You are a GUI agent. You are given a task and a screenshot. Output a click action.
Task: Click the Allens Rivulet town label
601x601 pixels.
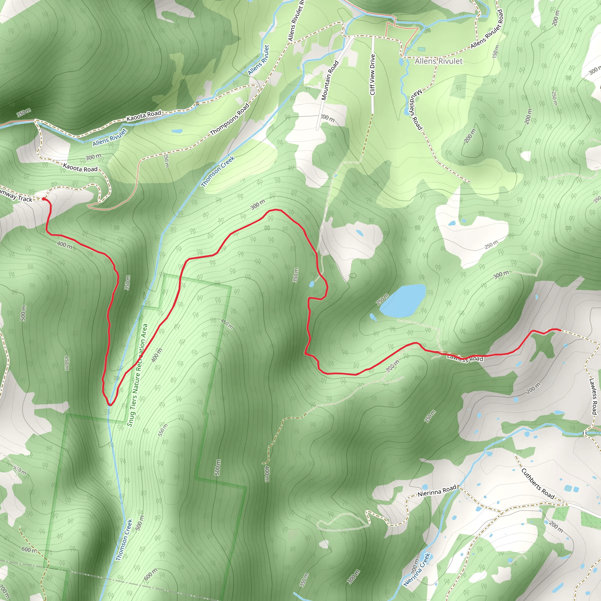pyautogui.click(x=439, y=61)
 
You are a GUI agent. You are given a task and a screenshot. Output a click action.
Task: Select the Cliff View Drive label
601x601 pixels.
pyautogui.click(x=373, y=75)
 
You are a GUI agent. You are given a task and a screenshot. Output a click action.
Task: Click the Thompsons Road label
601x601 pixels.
pyautogui.click(x=230, y=119)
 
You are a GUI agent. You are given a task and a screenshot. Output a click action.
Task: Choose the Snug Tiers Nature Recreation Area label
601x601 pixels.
pyautogui.click(x=138, y=375)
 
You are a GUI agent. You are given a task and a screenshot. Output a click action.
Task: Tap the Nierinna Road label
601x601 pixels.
pyautogui.click(x=437, y=491)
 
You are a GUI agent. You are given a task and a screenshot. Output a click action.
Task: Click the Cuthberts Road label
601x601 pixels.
pyautogui.click(x=538, y=484)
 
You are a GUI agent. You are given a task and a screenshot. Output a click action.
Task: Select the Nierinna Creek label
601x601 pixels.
pyautogui.click(x=417, y=570)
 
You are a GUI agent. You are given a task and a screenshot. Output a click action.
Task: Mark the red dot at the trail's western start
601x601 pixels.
pyautogui.click(x=43, y=199)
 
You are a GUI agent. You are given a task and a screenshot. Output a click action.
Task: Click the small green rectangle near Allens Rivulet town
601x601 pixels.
pyautogui.click(x=421, y=49)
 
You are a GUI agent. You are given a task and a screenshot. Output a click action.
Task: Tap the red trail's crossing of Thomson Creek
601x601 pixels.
pyautogui.click(x=110, y=405)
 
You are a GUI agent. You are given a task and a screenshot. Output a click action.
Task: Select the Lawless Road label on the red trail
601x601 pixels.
pyautogui.click(x=465, y=358)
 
